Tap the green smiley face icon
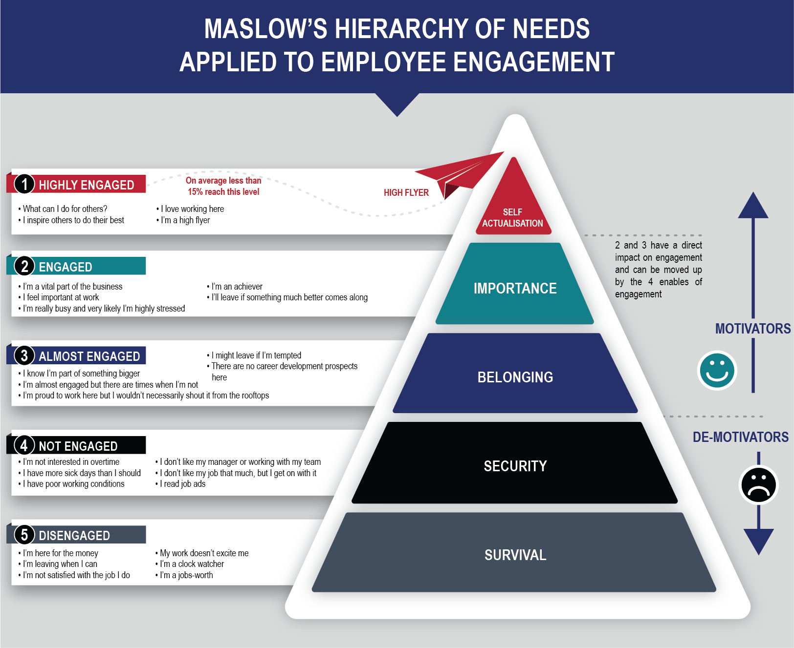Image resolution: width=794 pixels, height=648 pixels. [717, 371]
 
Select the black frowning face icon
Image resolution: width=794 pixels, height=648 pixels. [758, 485]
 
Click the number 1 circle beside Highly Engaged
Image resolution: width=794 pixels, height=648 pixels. [24, 184]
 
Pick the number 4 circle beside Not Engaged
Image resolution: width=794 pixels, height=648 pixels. [24, 445]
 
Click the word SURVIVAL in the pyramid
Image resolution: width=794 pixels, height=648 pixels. [515, 555]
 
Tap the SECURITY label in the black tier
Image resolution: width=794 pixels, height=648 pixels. [515, 466]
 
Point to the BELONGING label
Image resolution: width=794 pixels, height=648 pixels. [515, 377]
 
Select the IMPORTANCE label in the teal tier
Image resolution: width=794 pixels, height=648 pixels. [515, 289]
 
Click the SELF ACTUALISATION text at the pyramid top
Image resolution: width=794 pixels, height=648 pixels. [512, 218]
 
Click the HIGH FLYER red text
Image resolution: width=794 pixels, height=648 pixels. [406, 193]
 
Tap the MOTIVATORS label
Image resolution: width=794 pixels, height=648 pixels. [752, 329]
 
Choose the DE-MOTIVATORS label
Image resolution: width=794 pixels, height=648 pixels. [740, 437]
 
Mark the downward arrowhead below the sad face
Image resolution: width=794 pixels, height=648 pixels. [758, 541]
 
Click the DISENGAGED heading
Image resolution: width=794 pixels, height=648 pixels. [74, 536]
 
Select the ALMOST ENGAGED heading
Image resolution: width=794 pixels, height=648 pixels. [89, 356]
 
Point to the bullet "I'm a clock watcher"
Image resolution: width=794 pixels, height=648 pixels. [192, 564]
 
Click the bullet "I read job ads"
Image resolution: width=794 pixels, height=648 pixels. [182, 484]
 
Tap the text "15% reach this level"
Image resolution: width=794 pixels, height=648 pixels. [223, 192]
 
